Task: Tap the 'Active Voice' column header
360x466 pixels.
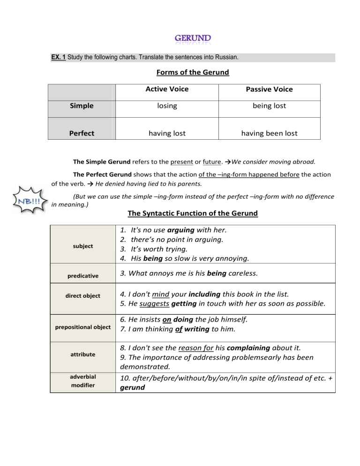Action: (167, 89)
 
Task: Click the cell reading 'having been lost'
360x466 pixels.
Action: (269, 133)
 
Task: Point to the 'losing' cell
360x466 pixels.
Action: (167, 106)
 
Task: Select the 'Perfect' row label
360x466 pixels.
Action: (82, 133)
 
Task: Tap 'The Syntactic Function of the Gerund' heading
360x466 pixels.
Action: (193, 213)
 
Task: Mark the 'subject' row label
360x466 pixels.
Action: (82, 246)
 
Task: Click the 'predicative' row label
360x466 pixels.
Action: (82, 276)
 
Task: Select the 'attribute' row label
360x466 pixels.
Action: (82, 354)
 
